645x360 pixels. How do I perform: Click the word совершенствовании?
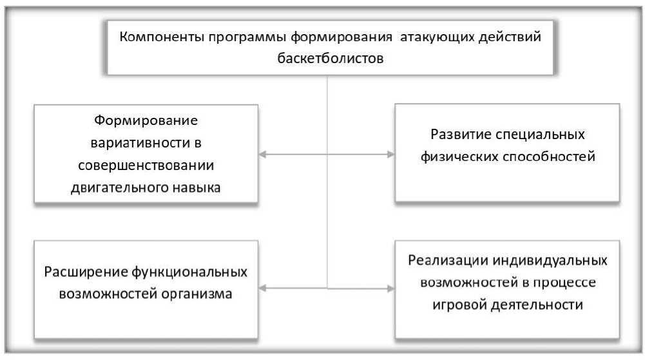[146, 165]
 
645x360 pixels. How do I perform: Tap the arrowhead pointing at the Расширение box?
[264, 289]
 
